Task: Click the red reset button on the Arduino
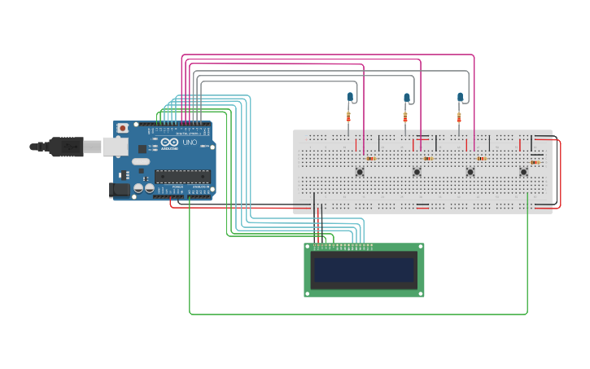click(123, 128)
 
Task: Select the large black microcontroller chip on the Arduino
click(182, 176)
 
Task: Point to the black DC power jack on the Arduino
click(120, 189)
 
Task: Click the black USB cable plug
click(65, 147)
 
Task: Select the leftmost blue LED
click(350, 97)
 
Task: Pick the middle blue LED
click(406, 98)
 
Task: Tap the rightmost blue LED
click(460, 97)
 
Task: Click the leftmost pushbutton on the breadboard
click(360, 171)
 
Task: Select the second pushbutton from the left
click(417, 171)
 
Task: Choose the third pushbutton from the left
click(470, 171)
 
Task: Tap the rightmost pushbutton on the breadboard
click(523, 171)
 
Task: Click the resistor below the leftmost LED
click(348, 116)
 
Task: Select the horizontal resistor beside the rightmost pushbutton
click(535, 162)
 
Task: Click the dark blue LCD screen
click(364, 270)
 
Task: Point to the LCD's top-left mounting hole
click(308, 248)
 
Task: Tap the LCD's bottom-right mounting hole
click(420, 292)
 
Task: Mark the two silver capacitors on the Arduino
click(144, 188)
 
